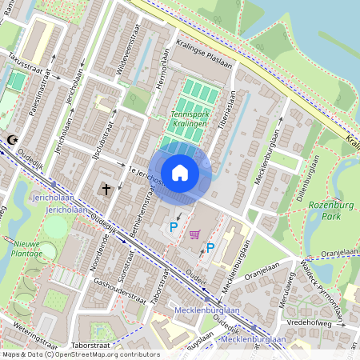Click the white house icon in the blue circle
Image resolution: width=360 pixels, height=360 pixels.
click(x=180, y=172)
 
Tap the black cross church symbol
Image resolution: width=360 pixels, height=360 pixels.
click(x=106, y=190)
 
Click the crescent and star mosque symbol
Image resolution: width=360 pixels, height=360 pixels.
click(x=11, y=140)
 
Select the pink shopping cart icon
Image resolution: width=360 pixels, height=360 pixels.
click(x=194, y=234)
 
